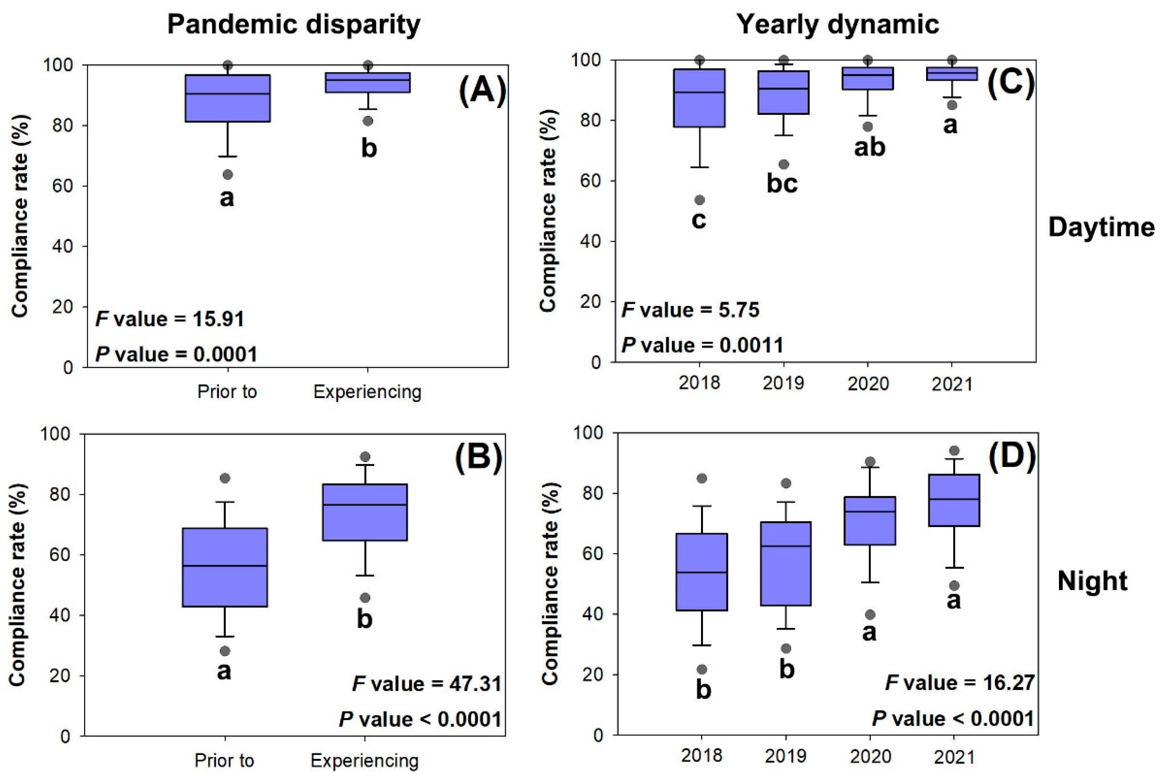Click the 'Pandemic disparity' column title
pos(294,24)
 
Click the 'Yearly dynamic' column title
pos(837,24)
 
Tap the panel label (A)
pos(482,92)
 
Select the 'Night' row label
pos(1092,581)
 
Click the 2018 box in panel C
pos(699,98)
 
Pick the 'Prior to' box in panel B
pos(225,567)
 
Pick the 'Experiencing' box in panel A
pos(368,82)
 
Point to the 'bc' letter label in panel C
pos(782,184)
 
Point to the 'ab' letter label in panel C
pos(869,147)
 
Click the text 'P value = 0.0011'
pos(702,345)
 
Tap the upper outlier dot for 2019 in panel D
pos(786,483)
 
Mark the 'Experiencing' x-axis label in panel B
pos(365,761)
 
